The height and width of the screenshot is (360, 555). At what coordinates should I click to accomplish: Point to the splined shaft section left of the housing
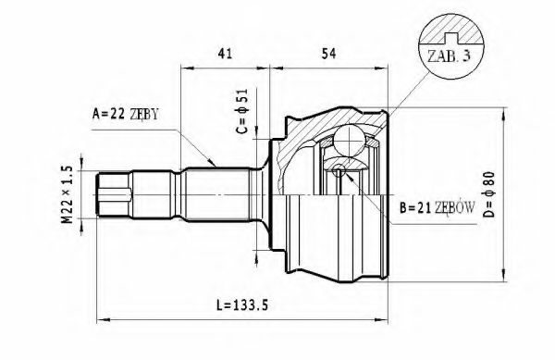[x=222, y=194]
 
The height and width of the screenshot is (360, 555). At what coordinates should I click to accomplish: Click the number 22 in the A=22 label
[x=117, y=116]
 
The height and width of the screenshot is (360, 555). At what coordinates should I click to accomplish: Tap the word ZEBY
[x=144, y=116]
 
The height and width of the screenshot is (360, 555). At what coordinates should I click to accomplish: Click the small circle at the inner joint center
[x=339, y=169]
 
